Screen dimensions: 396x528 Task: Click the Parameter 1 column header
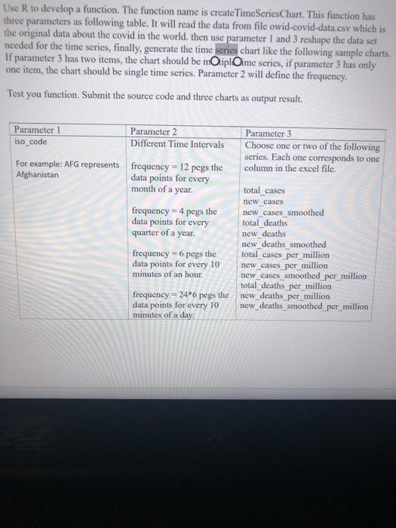(38, 130)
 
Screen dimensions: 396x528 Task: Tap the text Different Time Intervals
(177, 144)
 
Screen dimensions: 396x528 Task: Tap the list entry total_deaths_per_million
(286, 286)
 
